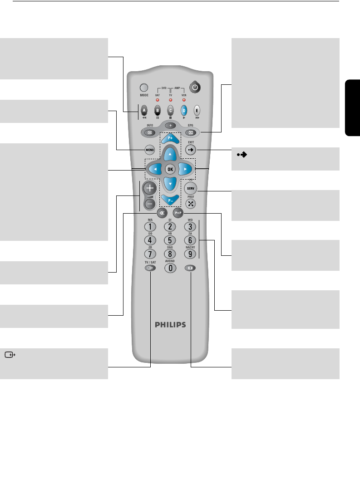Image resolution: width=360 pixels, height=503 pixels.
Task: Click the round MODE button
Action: tap(144, 87)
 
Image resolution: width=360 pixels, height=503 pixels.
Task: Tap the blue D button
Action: tap(184, 110)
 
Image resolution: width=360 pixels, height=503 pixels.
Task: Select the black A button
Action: tap(144, 110)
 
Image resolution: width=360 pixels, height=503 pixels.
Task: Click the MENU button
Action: tap(149, 149)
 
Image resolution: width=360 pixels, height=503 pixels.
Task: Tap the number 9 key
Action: tap(190, 254)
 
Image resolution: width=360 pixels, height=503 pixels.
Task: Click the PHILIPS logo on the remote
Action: tap(170, 325)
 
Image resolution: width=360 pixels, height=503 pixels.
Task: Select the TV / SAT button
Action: tap(150, 268)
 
